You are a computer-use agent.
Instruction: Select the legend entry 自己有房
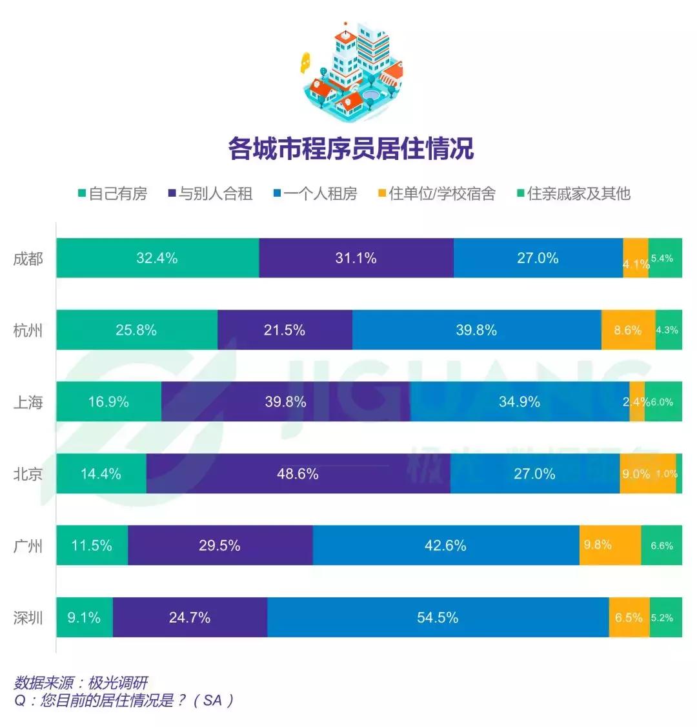click(x=112, y=194)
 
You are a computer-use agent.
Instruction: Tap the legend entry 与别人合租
click(x=210, y=194)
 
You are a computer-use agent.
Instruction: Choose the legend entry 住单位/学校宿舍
click(x=437, y=194)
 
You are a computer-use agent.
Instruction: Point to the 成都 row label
click(x=28, y=259)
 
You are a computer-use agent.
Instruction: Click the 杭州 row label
click(x=28, y=331)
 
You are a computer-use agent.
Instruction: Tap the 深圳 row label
click(x=28, y=618)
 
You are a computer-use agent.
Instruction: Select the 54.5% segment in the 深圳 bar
click(x=438, y=617)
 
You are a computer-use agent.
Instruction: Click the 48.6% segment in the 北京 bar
click(x=298, y=473)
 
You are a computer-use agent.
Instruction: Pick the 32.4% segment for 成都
click(x=157, y=258)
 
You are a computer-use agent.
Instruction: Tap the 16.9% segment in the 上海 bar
click(x=108, y=402)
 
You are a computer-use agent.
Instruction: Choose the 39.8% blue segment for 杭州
click(x=476, y=330)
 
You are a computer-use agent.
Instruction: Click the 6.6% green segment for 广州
click(x=662, y=545)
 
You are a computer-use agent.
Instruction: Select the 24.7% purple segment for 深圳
click(x=190, y=617)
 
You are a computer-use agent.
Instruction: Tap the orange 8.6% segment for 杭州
click(x=628, y=330)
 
